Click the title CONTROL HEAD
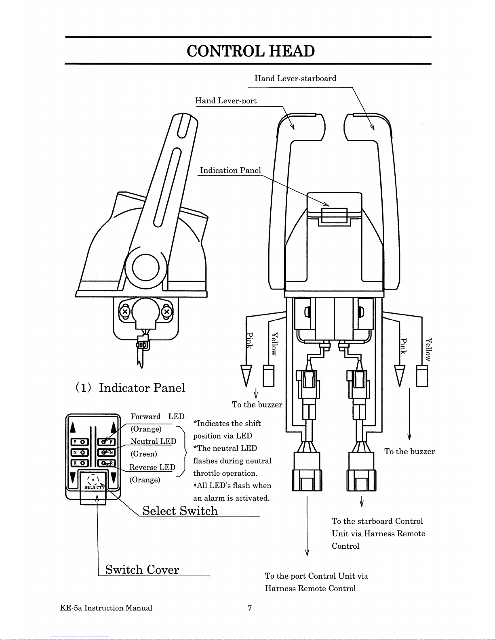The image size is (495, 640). point(251,51)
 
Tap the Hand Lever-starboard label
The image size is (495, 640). point(295,78)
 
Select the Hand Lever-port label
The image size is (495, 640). point(226,101)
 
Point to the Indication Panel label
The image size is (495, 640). point(230,170)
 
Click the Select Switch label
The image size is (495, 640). point(180,511)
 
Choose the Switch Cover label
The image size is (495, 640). point(142,569)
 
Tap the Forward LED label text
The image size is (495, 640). point(157,416)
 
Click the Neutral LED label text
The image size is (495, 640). point(153,441)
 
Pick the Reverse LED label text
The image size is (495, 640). point(152,467)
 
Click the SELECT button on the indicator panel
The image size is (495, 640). point(93,482)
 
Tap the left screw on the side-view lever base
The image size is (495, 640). point(125,312)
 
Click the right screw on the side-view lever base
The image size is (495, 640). point(167,312)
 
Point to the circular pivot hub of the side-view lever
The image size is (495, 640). point(145,268)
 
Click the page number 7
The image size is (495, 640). point(250,608)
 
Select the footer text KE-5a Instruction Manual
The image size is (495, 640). point(106,608)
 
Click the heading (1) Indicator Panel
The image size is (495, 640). point(130,388)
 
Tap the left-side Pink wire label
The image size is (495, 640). point(249,341)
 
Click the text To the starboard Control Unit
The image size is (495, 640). point(377,521)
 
